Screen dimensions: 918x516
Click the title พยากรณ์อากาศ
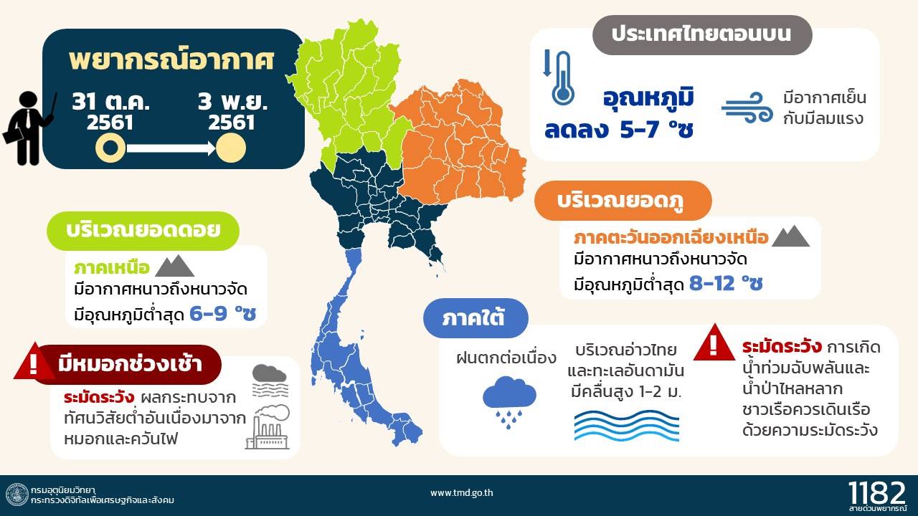[x=171, y=60]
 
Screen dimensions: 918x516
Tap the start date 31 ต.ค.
[x=110, y=102]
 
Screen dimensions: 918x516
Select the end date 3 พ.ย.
[x=232, y=102]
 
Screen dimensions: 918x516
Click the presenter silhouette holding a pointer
[x=29, y=128]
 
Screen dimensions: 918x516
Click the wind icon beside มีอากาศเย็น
[x=747, y=107]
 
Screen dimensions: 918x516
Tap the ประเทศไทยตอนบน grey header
[x=702, y=35]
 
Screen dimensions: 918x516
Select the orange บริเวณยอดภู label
[x=623, y=201]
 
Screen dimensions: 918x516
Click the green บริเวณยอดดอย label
[x=143, y=231]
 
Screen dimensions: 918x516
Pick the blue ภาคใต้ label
[x=475, y=317]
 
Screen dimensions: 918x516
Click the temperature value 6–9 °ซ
[x=223, y=314]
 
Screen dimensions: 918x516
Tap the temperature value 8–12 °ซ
[x=726, y=283]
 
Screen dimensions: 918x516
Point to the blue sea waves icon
[x=627, y=426]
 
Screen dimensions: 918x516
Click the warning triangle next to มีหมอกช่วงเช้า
[x=33, y=362]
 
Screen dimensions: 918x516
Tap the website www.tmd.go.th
[x=461, y=493]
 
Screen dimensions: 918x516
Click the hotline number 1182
[x=876, y=492]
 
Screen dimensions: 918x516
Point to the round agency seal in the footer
[x=17, y=494]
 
